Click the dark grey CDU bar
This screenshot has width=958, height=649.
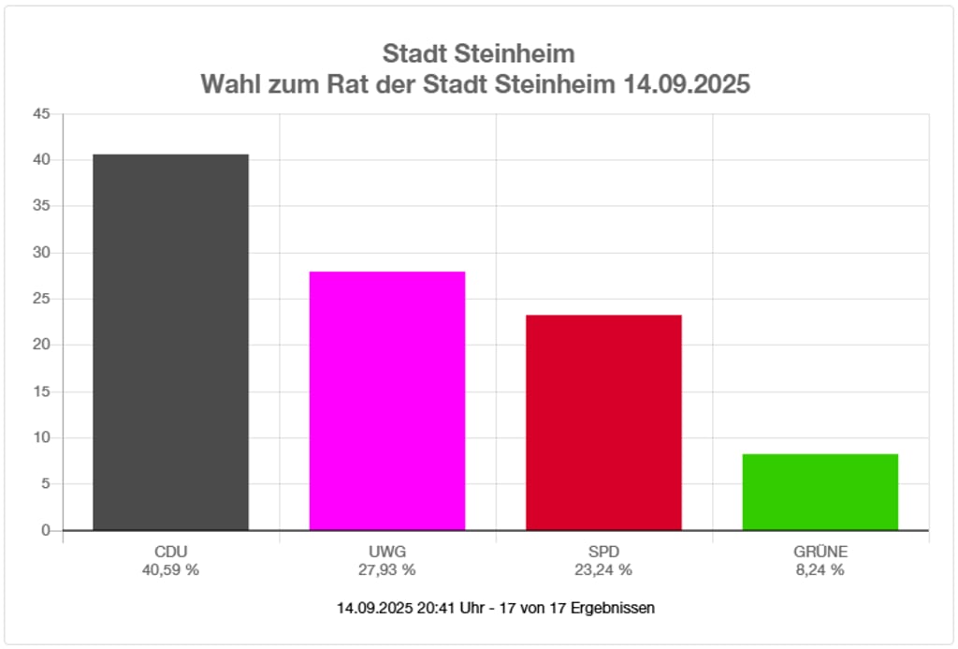(170, 342)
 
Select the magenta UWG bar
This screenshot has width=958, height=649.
(387, 401)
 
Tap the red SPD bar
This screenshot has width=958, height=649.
(603, 422)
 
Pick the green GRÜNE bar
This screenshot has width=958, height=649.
(820, 492)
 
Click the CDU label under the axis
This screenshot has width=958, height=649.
(170, 551)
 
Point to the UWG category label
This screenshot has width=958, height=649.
(387, 551)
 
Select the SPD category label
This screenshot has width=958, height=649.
(603, 551)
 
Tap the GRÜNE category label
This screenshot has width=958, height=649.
(820, 551)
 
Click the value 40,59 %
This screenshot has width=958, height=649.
(170, 569)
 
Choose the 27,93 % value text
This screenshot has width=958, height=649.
(387, 569)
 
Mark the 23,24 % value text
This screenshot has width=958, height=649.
(603, 569)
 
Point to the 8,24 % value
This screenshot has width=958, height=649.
(820, 569)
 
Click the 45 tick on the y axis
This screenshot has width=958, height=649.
(41, 114)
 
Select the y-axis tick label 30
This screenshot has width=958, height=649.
(41, 253)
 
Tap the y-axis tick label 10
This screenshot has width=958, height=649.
(41, 437)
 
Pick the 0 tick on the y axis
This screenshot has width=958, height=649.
(45, 530)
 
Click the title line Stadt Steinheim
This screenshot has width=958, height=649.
(478, 52)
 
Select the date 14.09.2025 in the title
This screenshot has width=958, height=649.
(687, 84)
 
